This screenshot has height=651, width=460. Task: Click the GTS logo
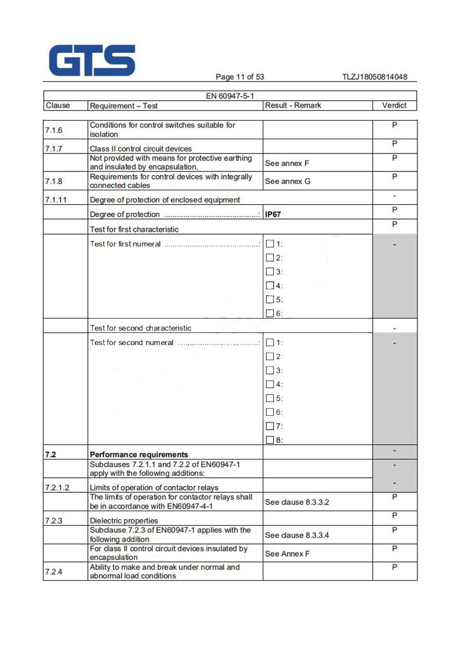(x=93, y=61)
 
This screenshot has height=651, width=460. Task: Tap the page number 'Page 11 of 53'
(x=240, y=77)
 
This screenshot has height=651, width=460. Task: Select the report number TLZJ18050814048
(x=374, y=77)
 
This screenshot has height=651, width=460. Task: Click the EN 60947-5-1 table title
(x=229, y=96)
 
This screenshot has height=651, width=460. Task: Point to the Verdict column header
(x=394, y=105)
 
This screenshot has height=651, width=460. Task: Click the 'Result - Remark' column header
(x=293, y=105)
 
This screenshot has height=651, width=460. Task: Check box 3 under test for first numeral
(x=270, y=271)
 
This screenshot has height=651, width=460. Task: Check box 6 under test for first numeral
(x=270, y=313)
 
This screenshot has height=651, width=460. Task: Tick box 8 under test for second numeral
(x=270, y=441)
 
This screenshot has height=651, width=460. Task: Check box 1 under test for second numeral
(x=270, y=343)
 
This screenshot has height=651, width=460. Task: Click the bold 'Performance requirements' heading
(x=139, y=454)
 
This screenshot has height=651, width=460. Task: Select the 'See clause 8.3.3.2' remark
(x=297, y=502)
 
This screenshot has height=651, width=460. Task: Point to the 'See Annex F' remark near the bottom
(x=287, y=554)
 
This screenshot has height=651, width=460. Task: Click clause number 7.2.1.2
(x=57, y=488)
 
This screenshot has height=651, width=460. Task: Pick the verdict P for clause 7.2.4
(x=394, y=567)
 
